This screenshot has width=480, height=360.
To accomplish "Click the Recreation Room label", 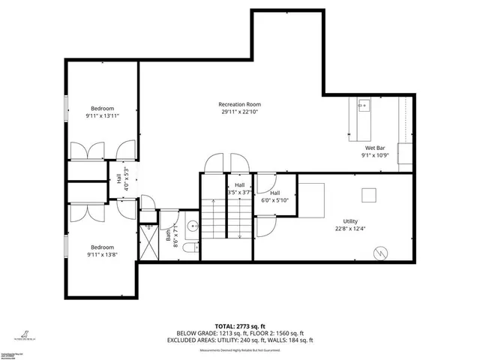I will tap(239, 104).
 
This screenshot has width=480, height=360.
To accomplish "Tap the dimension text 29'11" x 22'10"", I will tap(239, 112).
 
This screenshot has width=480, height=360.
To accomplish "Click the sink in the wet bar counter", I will tap(363, 106).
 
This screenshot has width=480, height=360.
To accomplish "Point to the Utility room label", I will tap(350, 221).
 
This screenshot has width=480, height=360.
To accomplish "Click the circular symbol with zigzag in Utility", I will tap(382, 252).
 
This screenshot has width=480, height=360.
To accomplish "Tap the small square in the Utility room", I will tap(368, 194).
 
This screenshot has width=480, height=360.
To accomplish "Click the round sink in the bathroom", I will tap(191, 223).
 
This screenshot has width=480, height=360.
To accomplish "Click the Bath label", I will tap(168, 234).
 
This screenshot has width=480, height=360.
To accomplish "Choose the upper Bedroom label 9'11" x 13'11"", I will tap(102, 108).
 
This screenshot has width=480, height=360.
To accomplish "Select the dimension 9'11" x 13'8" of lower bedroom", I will tap(102, 255).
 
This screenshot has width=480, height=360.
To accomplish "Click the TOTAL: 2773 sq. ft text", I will tap(240, 327).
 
